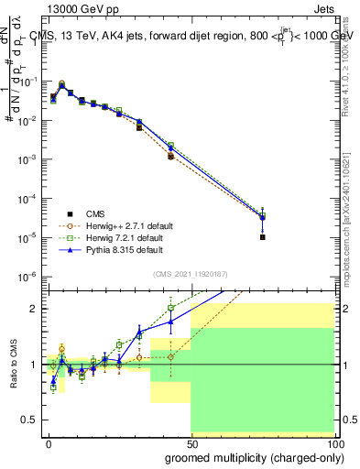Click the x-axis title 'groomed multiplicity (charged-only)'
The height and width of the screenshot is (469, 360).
249,457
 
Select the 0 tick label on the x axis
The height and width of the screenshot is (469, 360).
49,442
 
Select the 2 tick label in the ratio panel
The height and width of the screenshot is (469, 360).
36,309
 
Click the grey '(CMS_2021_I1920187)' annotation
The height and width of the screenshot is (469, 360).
190,273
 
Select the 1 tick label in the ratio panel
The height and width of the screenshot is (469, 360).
36,365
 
